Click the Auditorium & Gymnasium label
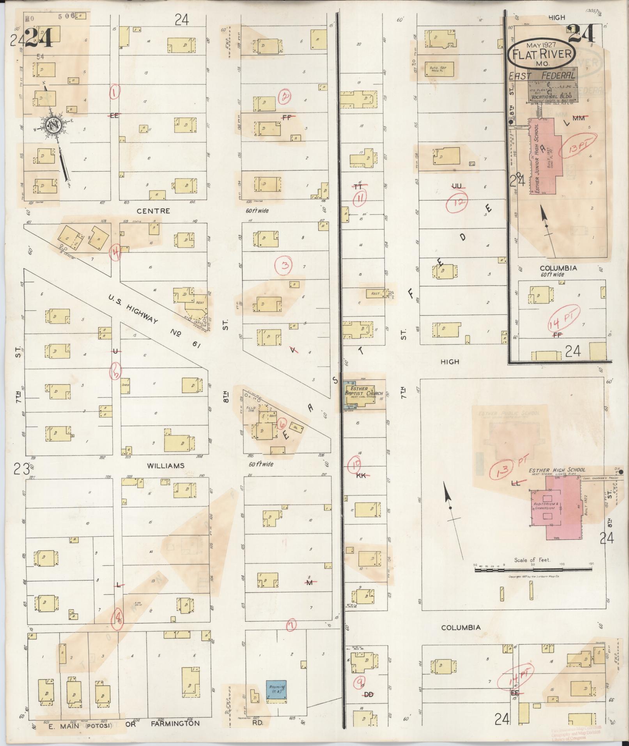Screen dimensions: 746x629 [x=546, y=507]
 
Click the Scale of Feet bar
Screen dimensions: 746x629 [x=533, y=570]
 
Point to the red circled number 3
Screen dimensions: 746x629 [x=283, y=266]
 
